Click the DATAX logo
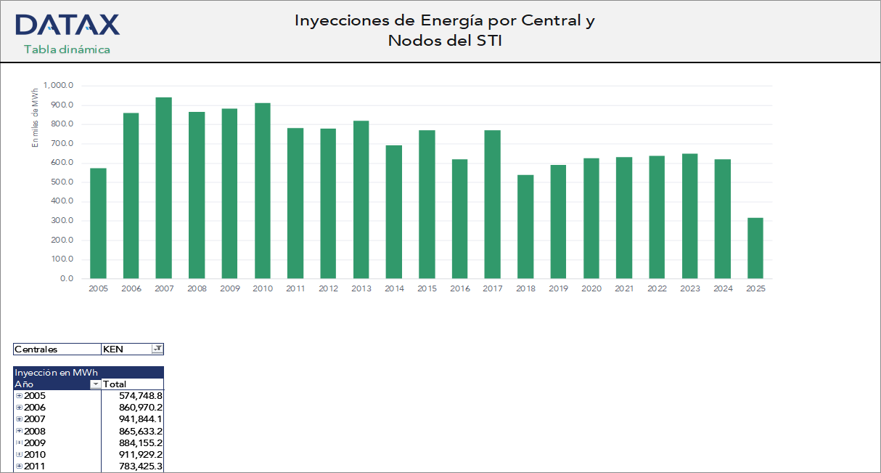[67, 25]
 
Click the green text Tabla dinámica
[67, 49]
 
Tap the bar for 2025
[755, 248]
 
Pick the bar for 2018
[525, 226]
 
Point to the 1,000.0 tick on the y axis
[59, 86]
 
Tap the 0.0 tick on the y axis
[66, 279]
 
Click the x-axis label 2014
[394, 289]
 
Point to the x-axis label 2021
[624, 289]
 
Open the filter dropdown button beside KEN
[157, 349]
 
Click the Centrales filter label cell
[57, 349]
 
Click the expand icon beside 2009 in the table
[19, 442]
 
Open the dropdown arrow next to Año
[94, 384]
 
